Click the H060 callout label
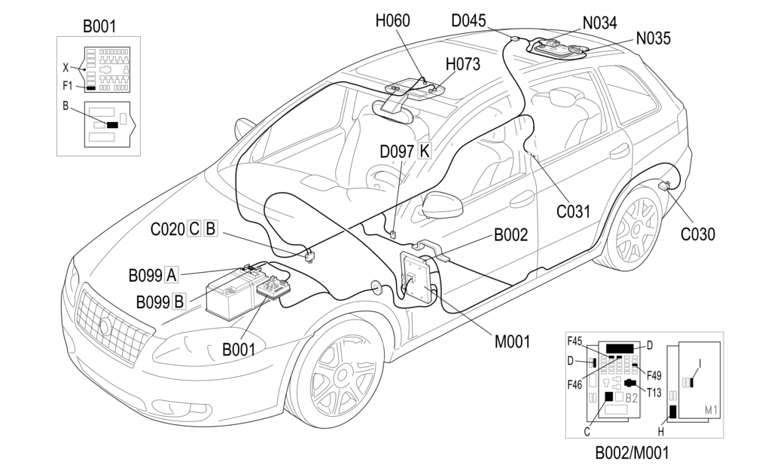392,21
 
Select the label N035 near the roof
653,38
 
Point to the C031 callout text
573,212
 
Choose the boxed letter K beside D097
424,151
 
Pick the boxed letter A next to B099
172,274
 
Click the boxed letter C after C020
194,229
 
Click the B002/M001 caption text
631,453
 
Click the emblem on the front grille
105,326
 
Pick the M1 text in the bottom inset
711,409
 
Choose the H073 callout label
462,65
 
